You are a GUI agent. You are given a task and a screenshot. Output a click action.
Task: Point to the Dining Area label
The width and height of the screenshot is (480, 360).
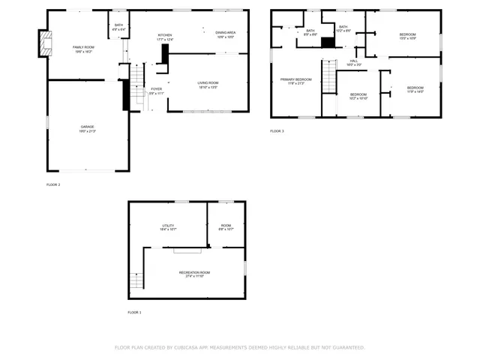coord(226,34)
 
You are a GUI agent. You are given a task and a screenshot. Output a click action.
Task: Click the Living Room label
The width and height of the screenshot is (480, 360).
coord(208,85)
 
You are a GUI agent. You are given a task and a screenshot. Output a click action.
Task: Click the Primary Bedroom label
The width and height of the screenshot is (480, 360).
coord(295,80)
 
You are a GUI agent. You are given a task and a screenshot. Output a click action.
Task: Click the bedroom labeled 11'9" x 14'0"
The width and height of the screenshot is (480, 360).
coord(415,89)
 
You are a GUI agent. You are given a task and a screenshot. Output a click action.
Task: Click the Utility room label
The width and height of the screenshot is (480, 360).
coord(168,226)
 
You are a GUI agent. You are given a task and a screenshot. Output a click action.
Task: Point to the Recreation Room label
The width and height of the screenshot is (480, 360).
coord(194,273)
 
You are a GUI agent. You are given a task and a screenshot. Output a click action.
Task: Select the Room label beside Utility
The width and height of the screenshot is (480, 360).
coord(226,226)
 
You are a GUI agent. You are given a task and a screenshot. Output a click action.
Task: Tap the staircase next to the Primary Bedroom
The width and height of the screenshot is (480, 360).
coord(328,76)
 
